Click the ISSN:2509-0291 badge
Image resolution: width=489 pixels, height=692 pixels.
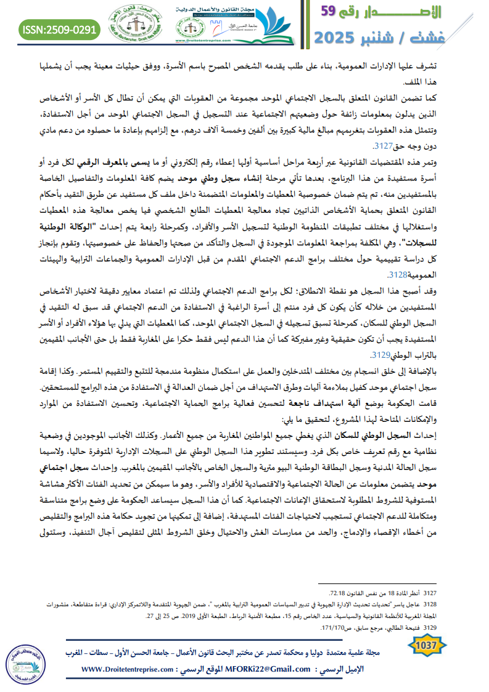pyautogui.click(x=59, y=28)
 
